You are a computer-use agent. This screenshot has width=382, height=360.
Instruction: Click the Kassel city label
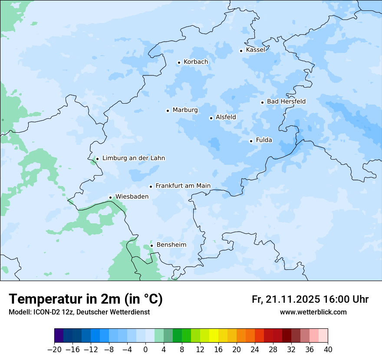click(255, 50)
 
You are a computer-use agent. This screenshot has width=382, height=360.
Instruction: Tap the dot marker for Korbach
click(179, 62)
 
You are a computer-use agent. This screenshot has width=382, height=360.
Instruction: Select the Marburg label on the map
click(185, 110)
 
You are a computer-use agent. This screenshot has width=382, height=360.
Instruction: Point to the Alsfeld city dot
click(211, 118)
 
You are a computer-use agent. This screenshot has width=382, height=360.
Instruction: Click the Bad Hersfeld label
click(286, 101)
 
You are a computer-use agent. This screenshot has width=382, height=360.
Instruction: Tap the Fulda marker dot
click(251, 141)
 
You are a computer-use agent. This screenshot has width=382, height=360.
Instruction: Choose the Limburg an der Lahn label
click(133, 158)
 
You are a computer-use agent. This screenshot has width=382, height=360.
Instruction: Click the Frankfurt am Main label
click(183, 186)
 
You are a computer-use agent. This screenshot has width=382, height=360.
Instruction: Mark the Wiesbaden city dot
click(111, 197)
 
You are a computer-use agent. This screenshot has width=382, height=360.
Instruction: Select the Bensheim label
click(171, 245)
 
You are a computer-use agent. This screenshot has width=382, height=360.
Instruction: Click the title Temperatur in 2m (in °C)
click(86, 299)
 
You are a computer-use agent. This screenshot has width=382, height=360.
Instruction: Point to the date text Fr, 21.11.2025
click(286, 299)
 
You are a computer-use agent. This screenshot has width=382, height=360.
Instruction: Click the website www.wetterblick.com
click(313, 312)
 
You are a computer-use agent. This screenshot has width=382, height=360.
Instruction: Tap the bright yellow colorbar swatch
click(214, 336)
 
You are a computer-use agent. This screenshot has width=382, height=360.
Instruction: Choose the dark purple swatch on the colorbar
click(59, 336)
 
